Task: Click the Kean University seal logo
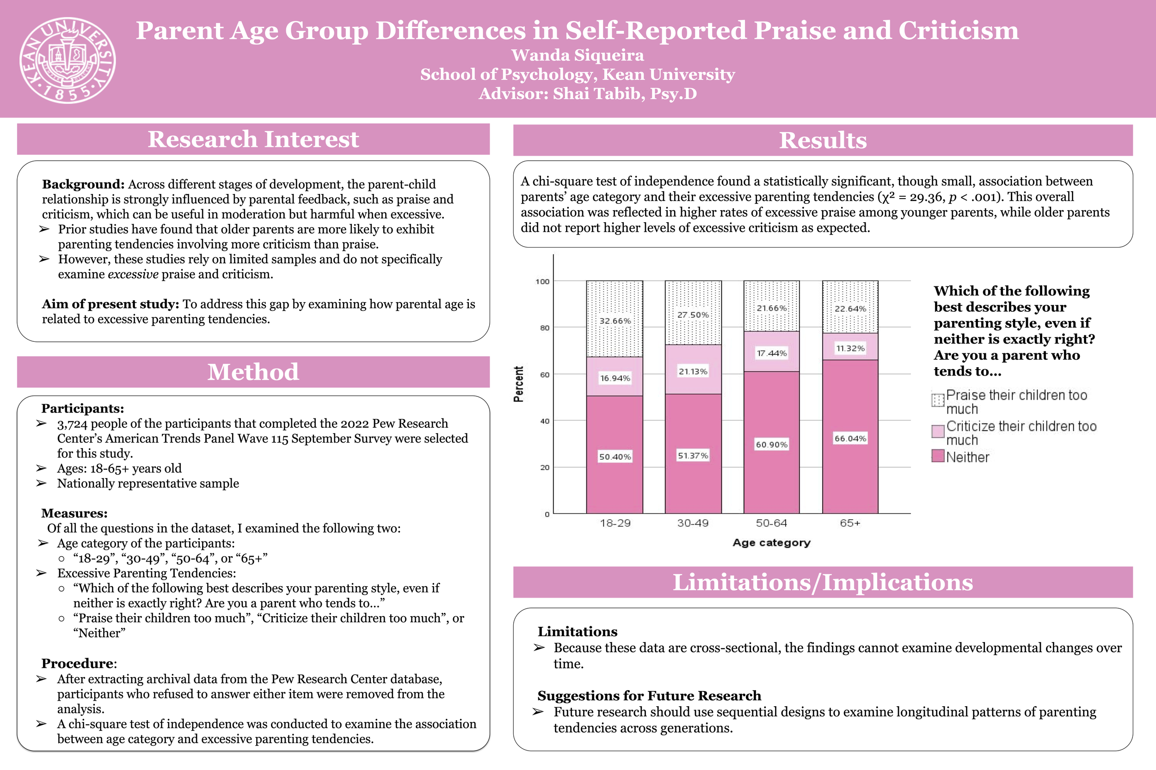click(x=68, y=61)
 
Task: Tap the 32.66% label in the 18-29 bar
click(x=615, y=321)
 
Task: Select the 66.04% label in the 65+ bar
click(x=850, y=438)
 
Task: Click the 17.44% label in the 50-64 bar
click(x=772, y=353)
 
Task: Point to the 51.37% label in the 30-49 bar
click(x=693, y=456)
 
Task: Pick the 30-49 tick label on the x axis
click(x=693, y=523)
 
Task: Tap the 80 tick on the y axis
click(x=545, y=328)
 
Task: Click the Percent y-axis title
click(x=518, y=384)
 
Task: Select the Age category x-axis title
click(x=771, y=543)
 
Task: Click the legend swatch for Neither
click(x=938, y=456)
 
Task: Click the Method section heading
click(x=253, y=372)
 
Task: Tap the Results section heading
click(x=823, y=140)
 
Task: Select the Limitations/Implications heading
click(x=823, y=582)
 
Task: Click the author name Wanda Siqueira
click(x=578, y=55)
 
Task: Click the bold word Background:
click(x=83, y=184)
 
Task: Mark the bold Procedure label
click(x=78, y=663)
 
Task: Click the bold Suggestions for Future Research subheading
click(x=649, y=696)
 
